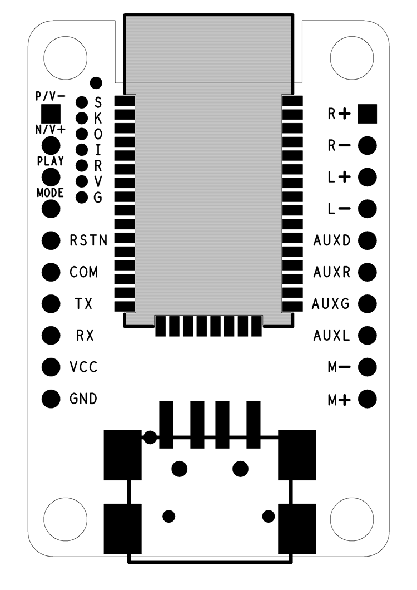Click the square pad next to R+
point(367,114)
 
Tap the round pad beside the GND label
point(51,399)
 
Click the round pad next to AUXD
point(367,240)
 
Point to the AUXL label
point(331,336)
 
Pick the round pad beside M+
point(367,399)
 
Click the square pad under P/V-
point(51,113)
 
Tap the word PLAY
point(51,161)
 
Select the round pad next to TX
point(51,303)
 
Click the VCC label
point(84,367)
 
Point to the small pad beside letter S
point(82,102)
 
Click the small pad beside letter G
point(82,197)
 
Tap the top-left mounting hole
point(66,56)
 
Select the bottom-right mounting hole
point(351,519)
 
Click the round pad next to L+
point(367,178)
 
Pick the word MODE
point(51,193)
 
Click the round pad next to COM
point(51,272)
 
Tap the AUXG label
point(331,304)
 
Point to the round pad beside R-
point(367,146)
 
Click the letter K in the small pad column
point(98,118)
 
